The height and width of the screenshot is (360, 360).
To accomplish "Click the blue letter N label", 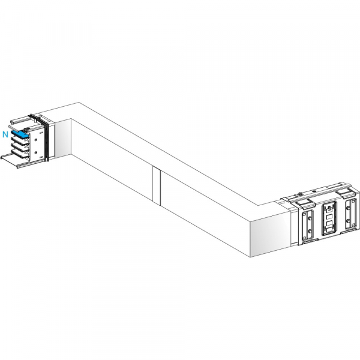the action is coord(5,134).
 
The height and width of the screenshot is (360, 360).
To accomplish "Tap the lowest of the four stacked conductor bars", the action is coord(20,154).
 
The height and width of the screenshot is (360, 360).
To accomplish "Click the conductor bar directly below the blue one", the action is coord(20,140).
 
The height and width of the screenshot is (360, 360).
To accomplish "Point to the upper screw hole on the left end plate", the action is coord(35,139).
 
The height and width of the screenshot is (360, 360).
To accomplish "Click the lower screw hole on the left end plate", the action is coord(35,152).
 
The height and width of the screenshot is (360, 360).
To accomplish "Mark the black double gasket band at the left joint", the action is coord(46,140).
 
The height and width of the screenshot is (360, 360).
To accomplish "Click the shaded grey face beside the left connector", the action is coord(63,139).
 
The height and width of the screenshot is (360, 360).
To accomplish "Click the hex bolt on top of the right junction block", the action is coord(300,194).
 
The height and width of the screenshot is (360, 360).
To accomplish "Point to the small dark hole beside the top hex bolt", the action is coord(314,191).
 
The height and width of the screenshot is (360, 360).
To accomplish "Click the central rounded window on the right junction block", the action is coord(329,218).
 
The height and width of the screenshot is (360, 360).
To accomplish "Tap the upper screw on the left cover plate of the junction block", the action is coord(310,218).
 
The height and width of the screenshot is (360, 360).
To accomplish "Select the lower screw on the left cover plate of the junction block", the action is coord(310,231).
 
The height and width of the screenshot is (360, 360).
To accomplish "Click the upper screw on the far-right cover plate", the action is coord(348,208).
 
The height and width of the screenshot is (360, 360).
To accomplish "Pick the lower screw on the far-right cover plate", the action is coord(348,221).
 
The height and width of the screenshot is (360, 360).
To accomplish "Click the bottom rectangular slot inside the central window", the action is coord(329,230).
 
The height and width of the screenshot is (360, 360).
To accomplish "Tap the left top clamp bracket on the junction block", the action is coord(305,203).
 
